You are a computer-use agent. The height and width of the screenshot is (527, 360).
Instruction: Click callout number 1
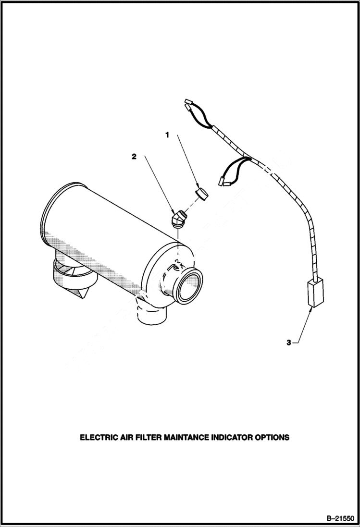[167, 135]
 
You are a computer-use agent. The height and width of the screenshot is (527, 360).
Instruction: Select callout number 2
[134, 157]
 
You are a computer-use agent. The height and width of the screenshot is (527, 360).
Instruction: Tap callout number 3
[288, 343]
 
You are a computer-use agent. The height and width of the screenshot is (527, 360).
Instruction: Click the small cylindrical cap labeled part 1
[201, 195]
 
